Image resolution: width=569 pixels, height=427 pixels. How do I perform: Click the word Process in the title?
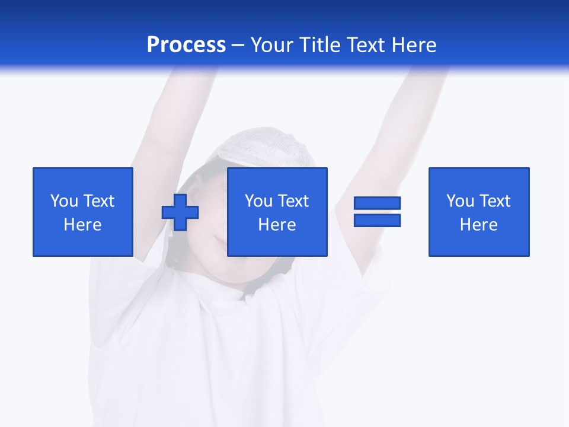click(186, 45)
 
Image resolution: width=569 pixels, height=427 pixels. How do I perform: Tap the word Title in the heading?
click(321, 45)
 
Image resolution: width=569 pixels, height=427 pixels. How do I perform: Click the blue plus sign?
click(180, 212)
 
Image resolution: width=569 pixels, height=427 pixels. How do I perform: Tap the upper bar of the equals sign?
click(377, 203)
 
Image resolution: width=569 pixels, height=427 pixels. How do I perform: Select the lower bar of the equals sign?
click(377, 220)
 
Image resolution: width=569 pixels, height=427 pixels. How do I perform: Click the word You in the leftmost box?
click(64, 201)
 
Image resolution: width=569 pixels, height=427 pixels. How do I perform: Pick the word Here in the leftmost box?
click(83, 225)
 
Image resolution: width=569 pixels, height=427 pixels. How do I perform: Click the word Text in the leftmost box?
click(98, 201)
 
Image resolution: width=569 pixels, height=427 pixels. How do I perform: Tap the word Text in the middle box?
click(292, 201)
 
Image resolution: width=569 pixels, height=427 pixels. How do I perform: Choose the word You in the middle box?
click(258, 201)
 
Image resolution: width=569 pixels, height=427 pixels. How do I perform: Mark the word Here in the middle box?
click(277, 225)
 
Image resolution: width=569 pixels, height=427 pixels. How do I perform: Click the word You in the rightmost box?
click(460, 201)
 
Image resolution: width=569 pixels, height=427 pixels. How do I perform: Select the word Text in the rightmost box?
click(494, 201)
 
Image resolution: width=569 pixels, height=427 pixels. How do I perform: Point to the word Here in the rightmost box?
click(479, 225)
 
